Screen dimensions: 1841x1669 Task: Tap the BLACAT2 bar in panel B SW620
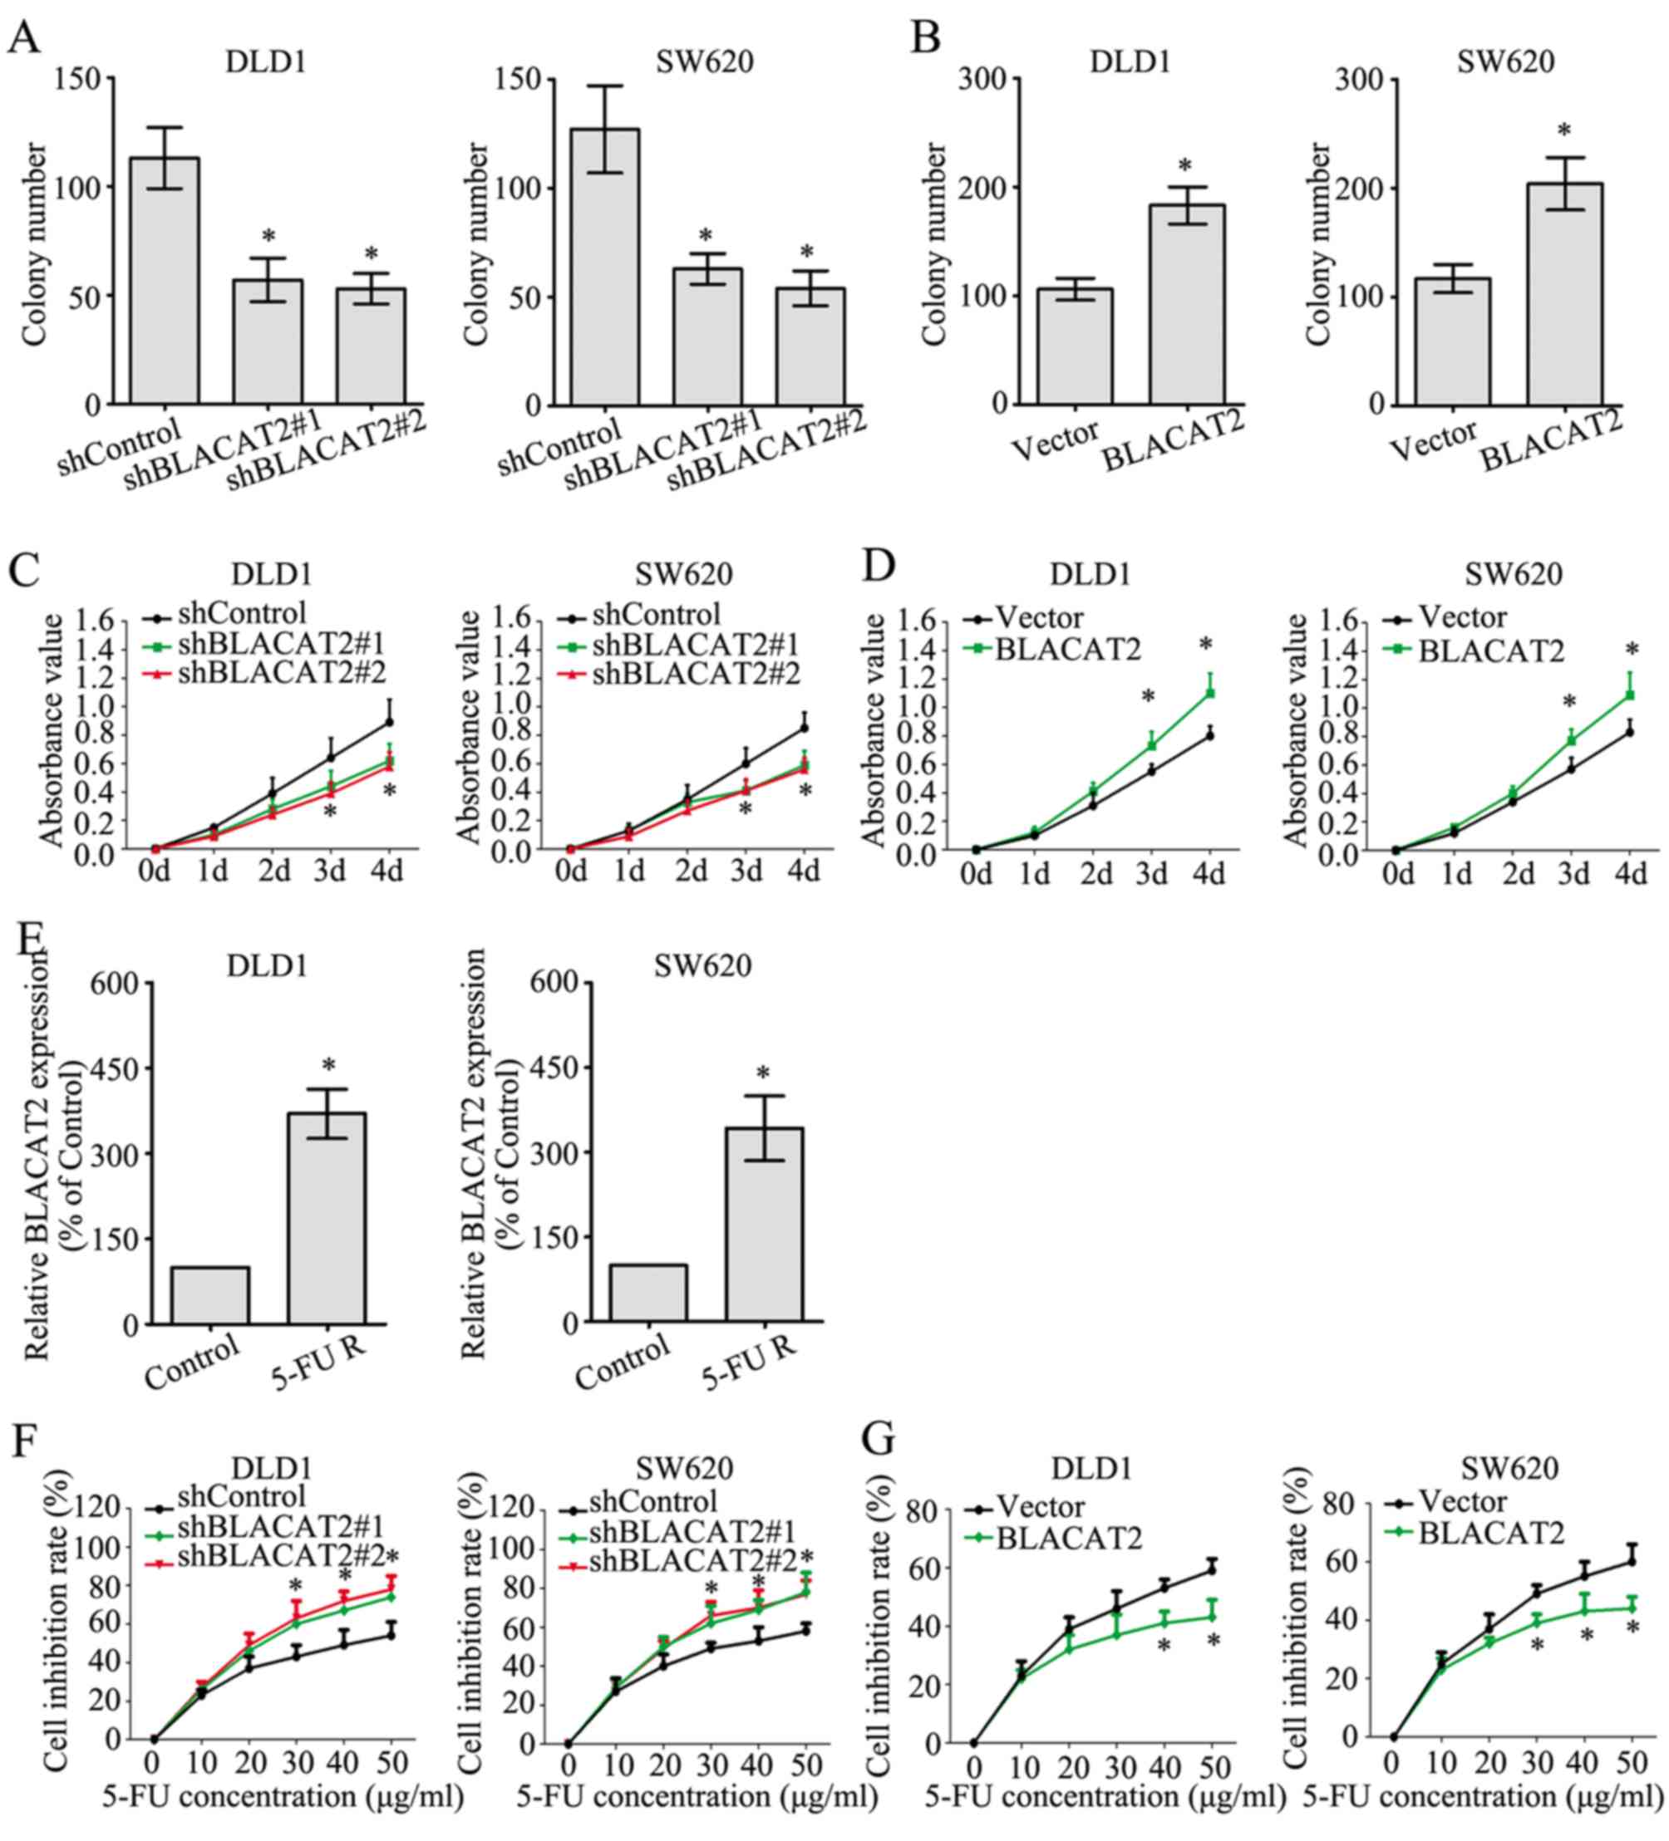click(x=1564, y=293)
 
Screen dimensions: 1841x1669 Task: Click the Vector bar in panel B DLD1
click(x=1075, y=346)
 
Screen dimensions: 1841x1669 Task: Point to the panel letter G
click(x=879, y=1441)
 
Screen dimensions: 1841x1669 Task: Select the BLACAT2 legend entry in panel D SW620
click(x=1491, y=651)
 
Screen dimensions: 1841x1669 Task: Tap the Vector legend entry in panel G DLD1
click(x=1041, y=1506)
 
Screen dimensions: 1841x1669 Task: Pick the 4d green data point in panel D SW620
click(x=1629, y=695)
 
